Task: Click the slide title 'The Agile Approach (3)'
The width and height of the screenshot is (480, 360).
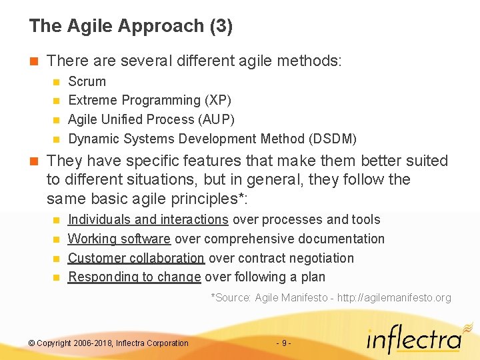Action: click(x=131, y=26)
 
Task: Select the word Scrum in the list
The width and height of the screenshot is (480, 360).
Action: click(x=87, y=81)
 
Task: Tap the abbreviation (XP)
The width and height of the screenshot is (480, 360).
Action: click(x=218, y=101)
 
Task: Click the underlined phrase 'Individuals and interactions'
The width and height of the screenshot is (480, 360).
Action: click(x=148, y=219)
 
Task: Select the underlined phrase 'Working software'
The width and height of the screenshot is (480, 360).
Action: click(x=119, y=239)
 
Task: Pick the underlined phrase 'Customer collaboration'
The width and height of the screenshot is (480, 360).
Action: click(x=136, y=258)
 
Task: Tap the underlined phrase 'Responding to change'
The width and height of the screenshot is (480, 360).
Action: click(x=135, y=277)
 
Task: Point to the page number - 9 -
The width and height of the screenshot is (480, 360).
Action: click(x=283, y=343)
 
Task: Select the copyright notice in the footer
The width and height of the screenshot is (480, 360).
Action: click(x=109, y=343)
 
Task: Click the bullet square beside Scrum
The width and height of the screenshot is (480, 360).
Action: click(x=56, y=82)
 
